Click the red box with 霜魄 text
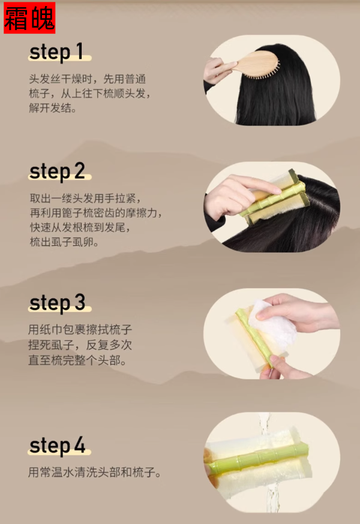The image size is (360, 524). [29, 18]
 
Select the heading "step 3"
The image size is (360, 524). [57, 303]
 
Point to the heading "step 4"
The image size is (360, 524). [57, 445]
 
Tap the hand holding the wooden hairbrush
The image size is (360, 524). [217, 71]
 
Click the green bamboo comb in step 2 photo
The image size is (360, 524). [272, 199]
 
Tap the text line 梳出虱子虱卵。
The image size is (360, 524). [64, 242]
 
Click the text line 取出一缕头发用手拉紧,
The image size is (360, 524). [86, 198]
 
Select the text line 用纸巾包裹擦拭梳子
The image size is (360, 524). [80, 330]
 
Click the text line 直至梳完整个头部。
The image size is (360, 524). [77, 360]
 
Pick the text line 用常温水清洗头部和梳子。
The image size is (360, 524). [95, 472]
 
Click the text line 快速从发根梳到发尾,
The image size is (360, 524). [80, 227]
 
